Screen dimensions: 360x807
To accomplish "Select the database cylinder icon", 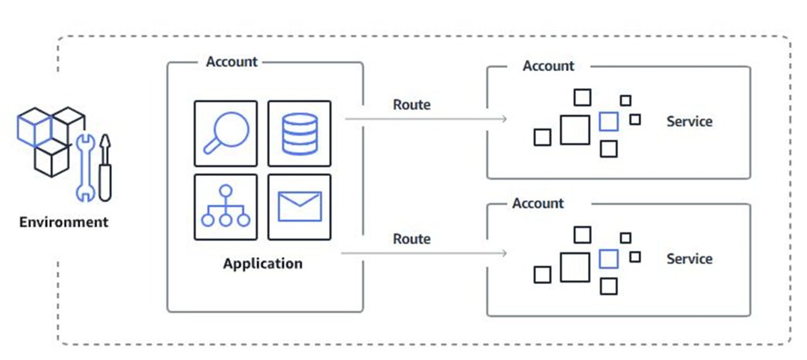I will (299, 134).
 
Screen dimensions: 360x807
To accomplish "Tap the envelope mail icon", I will (299, 207).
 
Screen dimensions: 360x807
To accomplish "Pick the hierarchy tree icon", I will (225, 207).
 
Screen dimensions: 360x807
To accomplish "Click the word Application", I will (263, 264).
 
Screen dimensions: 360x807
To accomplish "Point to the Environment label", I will (63, 222).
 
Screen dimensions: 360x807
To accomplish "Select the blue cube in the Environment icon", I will (34, 128).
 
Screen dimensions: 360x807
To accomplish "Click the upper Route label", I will (411, 105).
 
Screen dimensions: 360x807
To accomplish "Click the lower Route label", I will (411, 239).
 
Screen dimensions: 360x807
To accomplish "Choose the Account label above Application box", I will (231, 62).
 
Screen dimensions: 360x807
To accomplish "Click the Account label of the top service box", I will (548, 66).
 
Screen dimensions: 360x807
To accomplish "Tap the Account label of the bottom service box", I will (538, 203).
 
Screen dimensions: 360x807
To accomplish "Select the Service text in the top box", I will (689, 122).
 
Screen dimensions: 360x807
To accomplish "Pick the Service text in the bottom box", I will (689, 259).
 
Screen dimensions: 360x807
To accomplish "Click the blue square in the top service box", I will (608, 122).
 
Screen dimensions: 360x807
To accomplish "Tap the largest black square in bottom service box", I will (575, 267).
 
